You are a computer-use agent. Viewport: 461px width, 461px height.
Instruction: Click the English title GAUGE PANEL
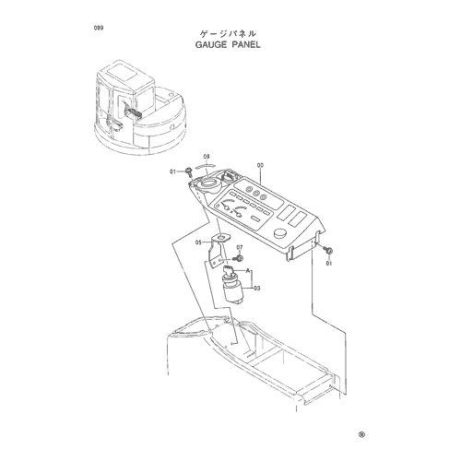pos(228,44)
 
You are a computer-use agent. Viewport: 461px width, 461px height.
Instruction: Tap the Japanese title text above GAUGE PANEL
pos(228,33)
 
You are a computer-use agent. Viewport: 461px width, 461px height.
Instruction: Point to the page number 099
pos(99,28)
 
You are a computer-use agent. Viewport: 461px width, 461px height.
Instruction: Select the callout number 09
pos(207,157)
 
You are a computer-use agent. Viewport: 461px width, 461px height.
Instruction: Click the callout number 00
pos(260,165)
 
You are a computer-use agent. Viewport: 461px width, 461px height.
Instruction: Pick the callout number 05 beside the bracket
pos(198,242)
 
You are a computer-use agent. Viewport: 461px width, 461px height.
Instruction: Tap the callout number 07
pos(240,247)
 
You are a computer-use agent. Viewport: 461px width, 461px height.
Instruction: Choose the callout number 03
pos(257,289)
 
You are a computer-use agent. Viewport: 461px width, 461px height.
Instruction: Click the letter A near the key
pos(247,270)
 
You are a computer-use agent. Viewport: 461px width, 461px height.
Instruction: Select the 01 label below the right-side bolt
pos(329,264)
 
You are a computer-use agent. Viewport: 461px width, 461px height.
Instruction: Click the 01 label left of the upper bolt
pos(173,171)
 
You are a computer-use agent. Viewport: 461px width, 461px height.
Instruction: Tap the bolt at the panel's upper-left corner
pos(188,171)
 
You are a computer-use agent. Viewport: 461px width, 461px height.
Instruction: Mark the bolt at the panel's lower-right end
pos(327,250)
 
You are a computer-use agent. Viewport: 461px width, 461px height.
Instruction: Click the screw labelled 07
pos(239,257)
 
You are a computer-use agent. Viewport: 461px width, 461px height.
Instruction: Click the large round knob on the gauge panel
pos(280,233)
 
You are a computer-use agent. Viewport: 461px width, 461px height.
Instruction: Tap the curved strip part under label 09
pos(206,165)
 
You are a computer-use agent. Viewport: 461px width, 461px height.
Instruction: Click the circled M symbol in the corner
pos(362,434)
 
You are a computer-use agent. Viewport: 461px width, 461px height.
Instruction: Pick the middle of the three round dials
pos(255,193)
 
